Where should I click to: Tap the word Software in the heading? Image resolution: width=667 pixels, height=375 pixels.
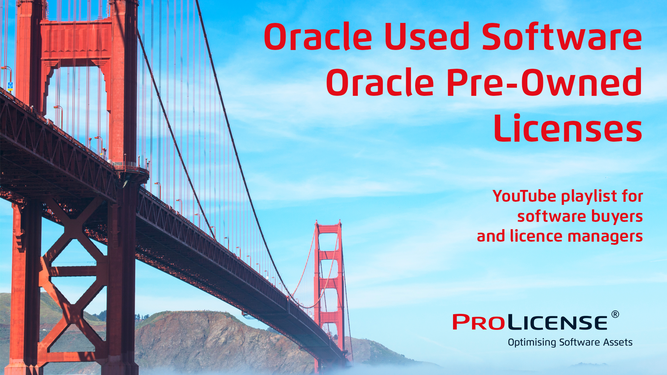click(562, 37)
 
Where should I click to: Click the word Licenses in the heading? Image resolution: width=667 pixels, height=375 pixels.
click(568, 129)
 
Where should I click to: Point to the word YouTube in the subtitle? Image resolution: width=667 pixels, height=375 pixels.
click(524, 196)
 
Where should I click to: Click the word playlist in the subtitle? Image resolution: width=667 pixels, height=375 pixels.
click(589, 197)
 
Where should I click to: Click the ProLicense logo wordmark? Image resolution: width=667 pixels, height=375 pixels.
click(530, 322)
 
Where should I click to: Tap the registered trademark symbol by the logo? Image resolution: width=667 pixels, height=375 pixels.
click(615, 315)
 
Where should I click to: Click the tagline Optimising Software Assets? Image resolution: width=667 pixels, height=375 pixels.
click(570, 342)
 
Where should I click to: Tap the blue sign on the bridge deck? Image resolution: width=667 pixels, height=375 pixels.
click(10, 85)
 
